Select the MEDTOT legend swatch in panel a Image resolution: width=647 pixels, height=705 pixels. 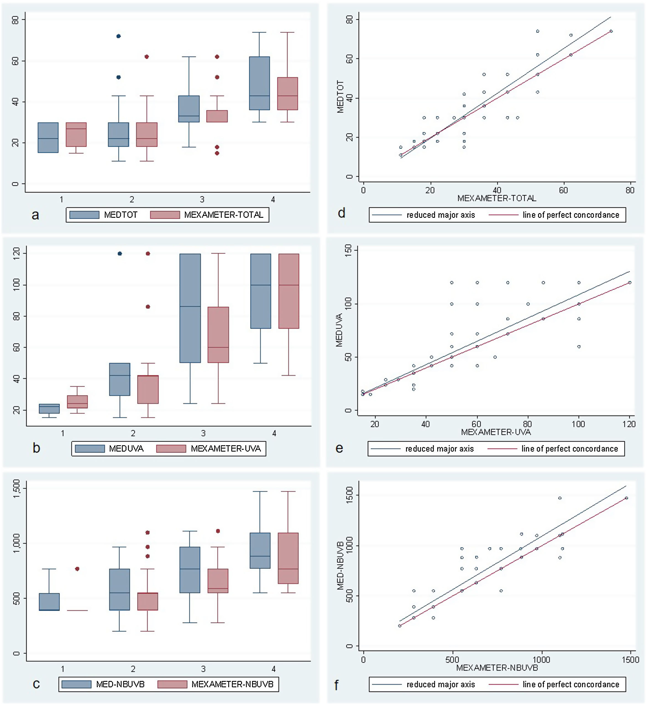click(84, 215)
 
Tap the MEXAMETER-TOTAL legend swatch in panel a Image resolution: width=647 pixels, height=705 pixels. click(165, 215)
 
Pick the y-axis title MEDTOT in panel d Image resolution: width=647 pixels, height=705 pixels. click(340, 97)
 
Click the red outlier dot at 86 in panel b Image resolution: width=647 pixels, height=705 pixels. click(148, 307)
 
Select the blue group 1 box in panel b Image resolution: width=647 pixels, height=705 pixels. click(49, 409)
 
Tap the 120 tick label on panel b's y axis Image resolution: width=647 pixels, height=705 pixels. click(16, 253)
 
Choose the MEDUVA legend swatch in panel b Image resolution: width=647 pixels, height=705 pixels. click(90, 449)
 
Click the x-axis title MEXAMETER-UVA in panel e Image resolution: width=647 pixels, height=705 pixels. click(496, 432)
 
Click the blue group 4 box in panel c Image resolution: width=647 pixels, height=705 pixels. click(260, 550)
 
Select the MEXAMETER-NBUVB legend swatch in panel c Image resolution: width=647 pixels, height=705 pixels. click(172, 684)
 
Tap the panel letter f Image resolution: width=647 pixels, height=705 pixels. click(336, 685)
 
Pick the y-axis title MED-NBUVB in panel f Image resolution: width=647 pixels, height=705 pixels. click(340, 566)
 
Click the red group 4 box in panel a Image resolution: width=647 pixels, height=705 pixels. click(287, 94)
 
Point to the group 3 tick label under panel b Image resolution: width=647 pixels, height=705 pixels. click(203, 434)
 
